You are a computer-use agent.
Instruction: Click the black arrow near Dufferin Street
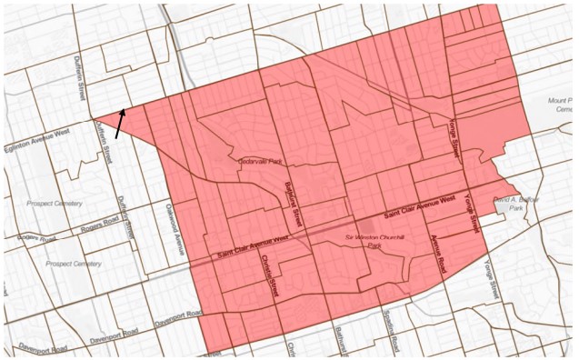(121, 124)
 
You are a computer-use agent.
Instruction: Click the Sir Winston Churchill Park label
(374, 240)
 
